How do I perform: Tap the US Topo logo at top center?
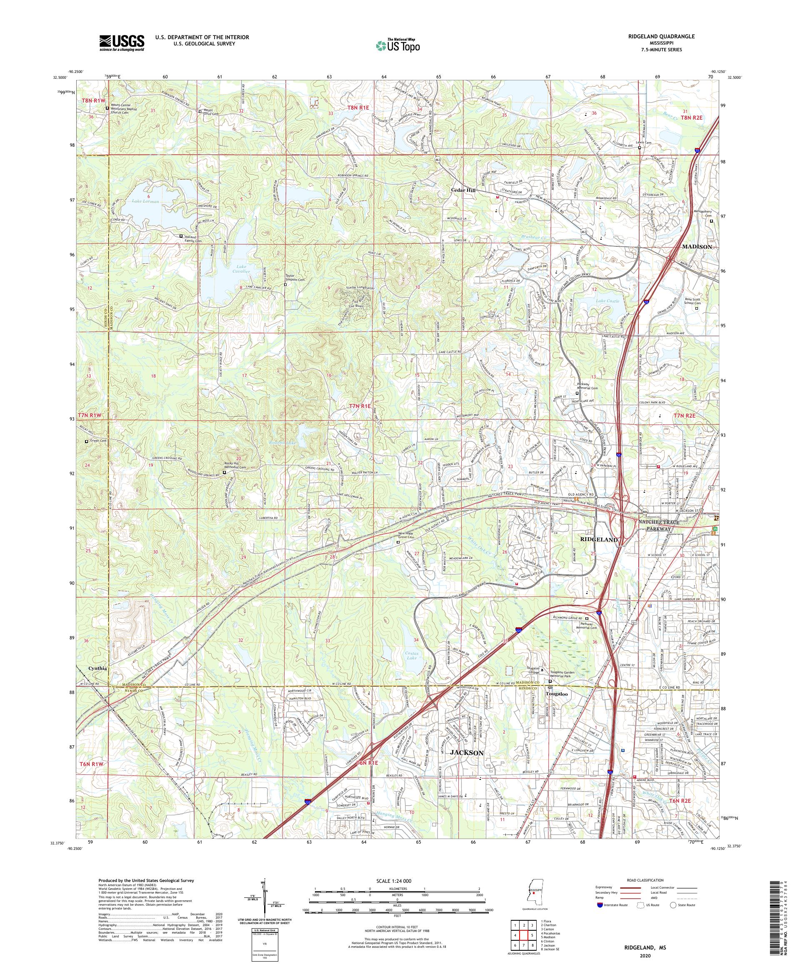pos(397,45)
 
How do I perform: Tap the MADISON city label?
pos(696,247)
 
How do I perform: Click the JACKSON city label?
pos(467,753)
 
